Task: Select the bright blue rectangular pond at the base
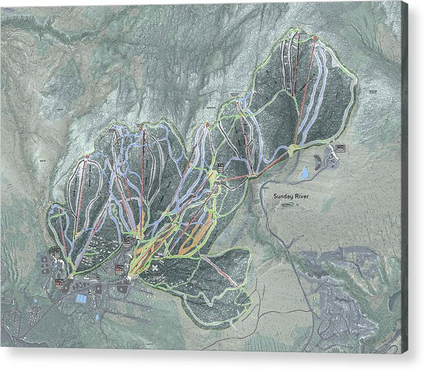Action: click(x=81, y=298)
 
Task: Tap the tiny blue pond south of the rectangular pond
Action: click(x=96, y=316)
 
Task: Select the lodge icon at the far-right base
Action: click(x=339, y=147)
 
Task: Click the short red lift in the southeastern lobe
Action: click(x=220, y=271)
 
